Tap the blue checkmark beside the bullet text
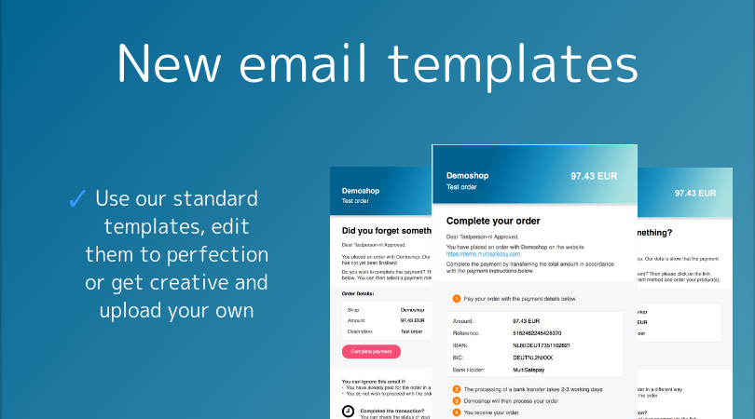pos(77,198)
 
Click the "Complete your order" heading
pos(494,221)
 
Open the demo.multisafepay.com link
pos(484,253)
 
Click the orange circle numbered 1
pos(457,299)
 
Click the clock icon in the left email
pos(348,411)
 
